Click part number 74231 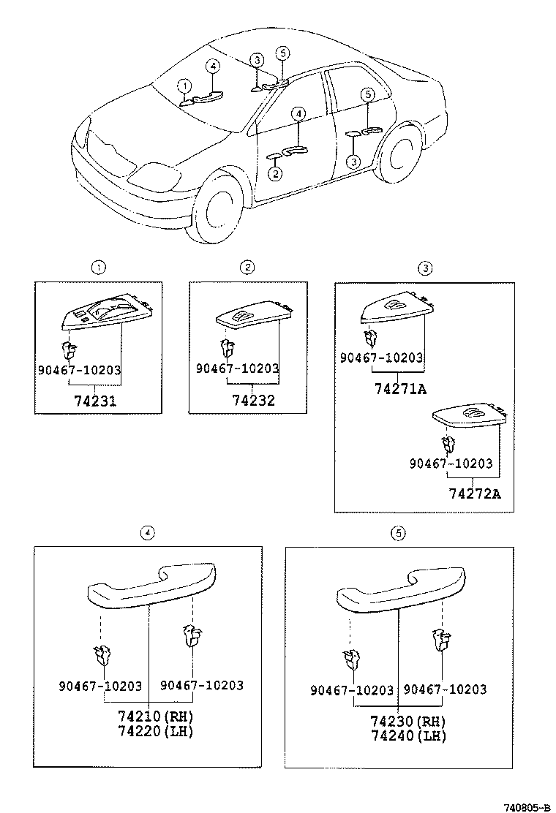pyautogui.click(x=96, y=401)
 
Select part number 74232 pyautogui.click(x=254, y=401)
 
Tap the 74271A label pyautogui.click(x=400, y=389)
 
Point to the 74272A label pyautogui.click(x=475, y=494)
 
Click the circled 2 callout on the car pyautogui.click(x=275, y=173)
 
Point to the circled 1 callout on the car pyautogui.click(x=184, y=86)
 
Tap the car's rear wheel pyautogui.click(x=399, y=156)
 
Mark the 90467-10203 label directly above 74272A pyautogui.click(x=451, y=464)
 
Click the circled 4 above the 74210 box pyautogui.click(x=148, y=533)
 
